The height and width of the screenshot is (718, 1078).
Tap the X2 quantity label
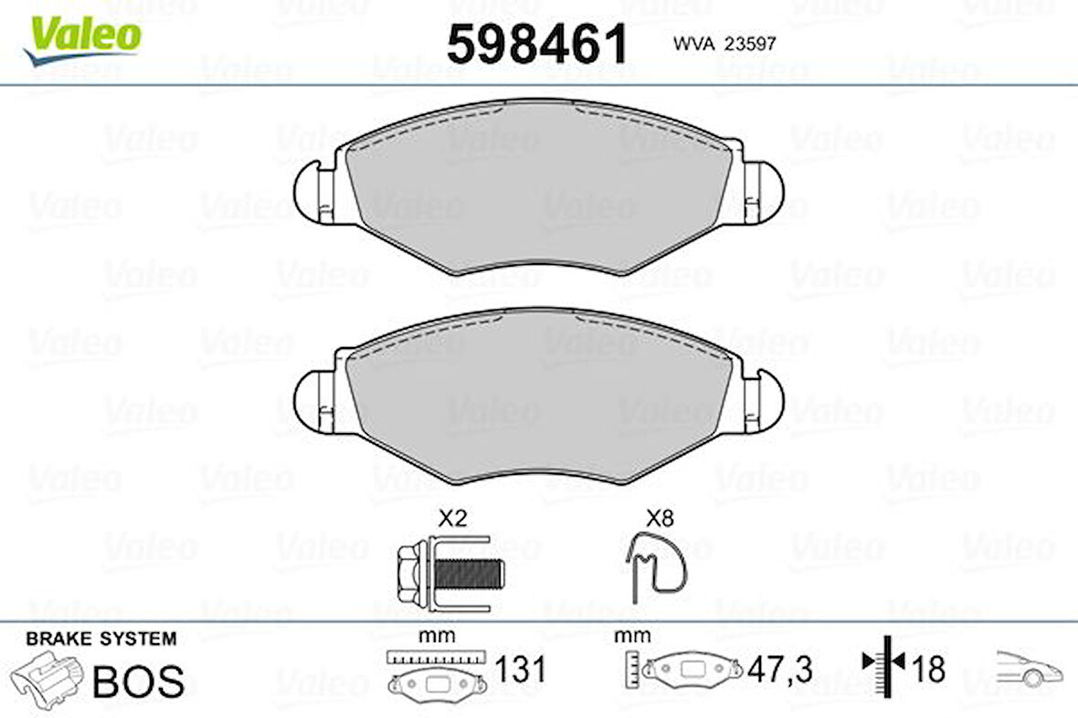(452, 519)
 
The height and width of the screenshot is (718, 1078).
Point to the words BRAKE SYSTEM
(100, 639)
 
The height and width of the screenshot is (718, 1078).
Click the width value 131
(520, 670)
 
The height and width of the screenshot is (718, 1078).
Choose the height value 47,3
(779, 670)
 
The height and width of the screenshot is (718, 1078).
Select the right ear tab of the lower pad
(766, 400)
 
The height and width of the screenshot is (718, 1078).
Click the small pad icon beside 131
(435, 681)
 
